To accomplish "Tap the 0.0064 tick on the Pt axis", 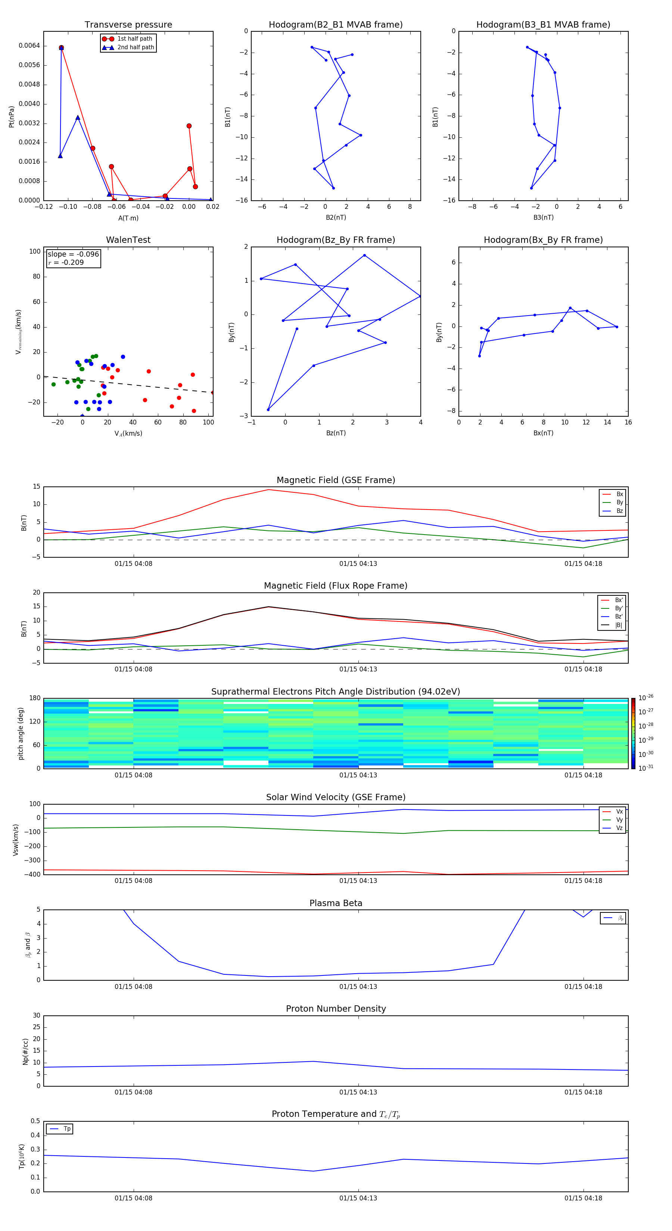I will (29, 46).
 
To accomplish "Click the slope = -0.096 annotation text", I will (73, 254).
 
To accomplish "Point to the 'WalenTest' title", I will (128, 240).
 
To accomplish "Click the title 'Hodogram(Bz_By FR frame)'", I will (336, 240).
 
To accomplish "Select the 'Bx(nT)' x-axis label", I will (543, 433).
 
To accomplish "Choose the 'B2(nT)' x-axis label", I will (336, 217).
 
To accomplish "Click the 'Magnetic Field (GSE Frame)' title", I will (336, 480).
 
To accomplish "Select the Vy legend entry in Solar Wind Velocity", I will (619, 820).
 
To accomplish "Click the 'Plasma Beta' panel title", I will (336, 903).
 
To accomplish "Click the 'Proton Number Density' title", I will (336, 1009).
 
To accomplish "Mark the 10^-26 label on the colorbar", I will (646, 698).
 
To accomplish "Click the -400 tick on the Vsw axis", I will (32, 874).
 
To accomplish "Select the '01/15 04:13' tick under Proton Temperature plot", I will (358, 1198).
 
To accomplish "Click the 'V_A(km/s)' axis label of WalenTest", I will (128, 433).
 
